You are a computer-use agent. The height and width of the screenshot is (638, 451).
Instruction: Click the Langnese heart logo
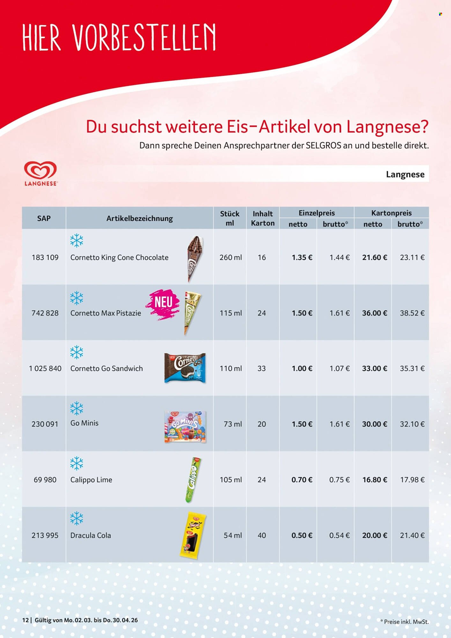(x=41, y=171)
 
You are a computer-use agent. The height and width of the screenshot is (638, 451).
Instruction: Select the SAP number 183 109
(x=45, y=257)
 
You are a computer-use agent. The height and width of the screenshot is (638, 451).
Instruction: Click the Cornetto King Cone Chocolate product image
(x=195, y=258)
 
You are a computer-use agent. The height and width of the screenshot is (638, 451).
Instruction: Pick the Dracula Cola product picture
(x=193, y=535)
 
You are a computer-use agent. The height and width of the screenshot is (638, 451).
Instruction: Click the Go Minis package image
(x=185, y=427)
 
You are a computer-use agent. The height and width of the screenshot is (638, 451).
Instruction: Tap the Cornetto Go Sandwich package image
(x=185, y=368)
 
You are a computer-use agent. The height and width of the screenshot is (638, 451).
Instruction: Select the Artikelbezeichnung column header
(x=139, y=219)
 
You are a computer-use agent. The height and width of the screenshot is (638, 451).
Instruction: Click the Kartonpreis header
(x=391, y=213)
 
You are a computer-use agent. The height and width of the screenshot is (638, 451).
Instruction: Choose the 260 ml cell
(x=230, y=257)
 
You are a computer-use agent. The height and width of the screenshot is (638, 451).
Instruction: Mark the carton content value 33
(x=262, y=368)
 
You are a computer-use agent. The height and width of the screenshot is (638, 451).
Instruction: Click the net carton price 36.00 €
(x=374, y=313)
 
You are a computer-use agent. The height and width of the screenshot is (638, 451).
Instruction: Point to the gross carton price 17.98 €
(x=412, y=480)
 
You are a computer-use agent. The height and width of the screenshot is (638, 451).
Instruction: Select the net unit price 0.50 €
(x=302, y=535)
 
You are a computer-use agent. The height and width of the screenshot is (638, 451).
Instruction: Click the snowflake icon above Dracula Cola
(x=77, y=518)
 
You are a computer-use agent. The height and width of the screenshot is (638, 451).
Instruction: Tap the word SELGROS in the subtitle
(x=323, y=145)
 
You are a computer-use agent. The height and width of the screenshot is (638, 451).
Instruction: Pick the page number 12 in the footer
(x=25, y=620)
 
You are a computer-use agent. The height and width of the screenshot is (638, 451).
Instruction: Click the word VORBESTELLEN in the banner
(x=144, y=37)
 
